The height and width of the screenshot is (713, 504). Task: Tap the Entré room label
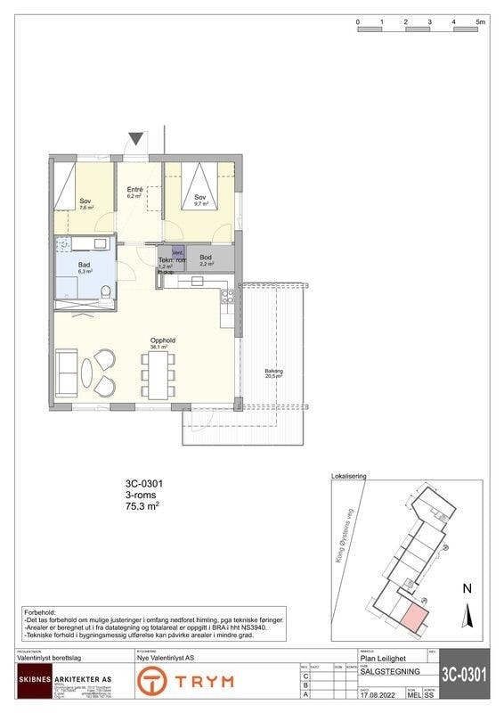click(x=134, y=190)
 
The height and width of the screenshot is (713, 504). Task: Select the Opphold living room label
click(x=161, y=340)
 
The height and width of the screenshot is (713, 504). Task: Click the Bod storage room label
click(x=205, y=258)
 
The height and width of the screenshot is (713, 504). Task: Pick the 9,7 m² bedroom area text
click(x=201, y=204)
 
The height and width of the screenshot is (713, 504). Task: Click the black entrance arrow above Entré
click(x=135, y=139)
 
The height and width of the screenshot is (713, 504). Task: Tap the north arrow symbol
click(x=467, y=616)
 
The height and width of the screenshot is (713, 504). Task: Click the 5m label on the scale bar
click(x=479, y=20)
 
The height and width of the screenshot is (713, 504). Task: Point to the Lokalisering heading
click(x=348, y=477)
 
